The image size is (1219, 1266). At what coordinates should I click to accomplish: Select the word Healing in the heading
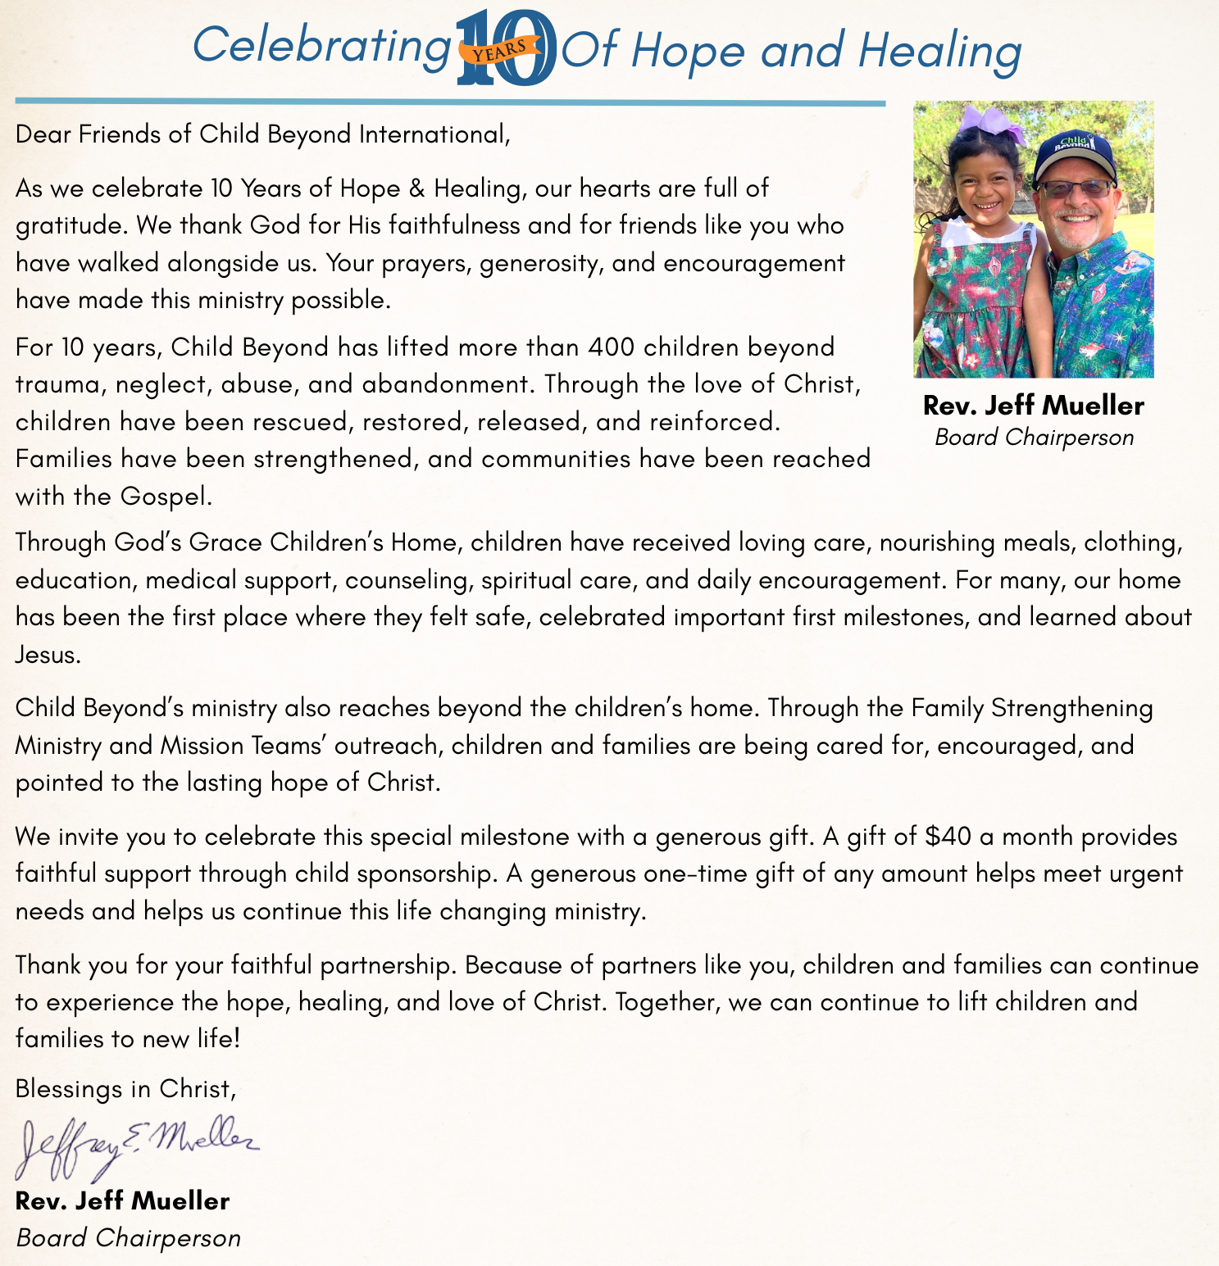[939, 51]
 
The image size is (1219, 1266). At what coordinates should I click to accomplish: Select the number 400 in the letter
[612, 347]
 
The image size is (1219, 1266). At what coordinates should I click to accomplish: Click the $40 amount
[948, 837]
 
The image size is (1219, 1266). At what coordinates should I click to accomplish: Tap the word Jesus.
[48, 655]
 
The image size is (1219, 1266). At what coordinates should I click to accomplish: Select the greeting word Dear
[43, 134]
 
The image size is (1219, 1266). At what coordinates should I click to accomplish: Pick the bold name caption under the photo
[1033, 406]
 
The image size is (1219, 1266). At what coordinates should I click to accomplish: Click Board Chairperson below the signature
[129, 1237]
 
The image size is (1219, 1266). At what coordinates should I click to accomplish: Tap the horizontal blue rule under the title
[450, 102]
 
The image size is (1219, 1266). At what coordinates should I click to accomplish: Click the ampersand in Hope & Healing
[416, 188]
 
